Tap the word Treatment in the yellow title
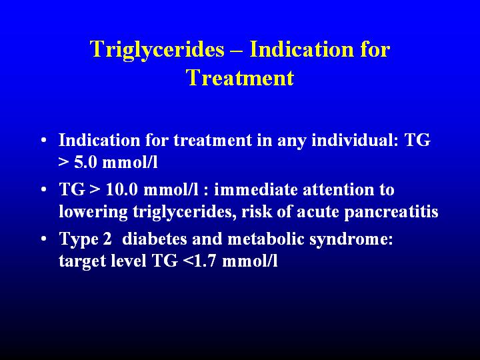pyautogui.click(x=240, y=77)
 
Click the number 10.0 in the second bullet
pyautogui.click(x=121, y=190)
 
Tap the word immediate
pyautogui.click(x=255, y=190)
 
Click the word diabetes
pyautogui.click(x=154, y=239)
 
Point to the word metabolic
pyautogui.click(x=266, y=239)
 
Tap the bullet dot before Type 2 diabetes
pyautogui.click(x=44, y=238)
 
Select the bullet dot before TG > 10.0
pyautogui.click(x=44, y=189)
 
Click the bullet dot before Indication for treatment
pyautogui.click(x=44, y=140)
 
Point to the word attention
pyautogui.click(x=338, y=190)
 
